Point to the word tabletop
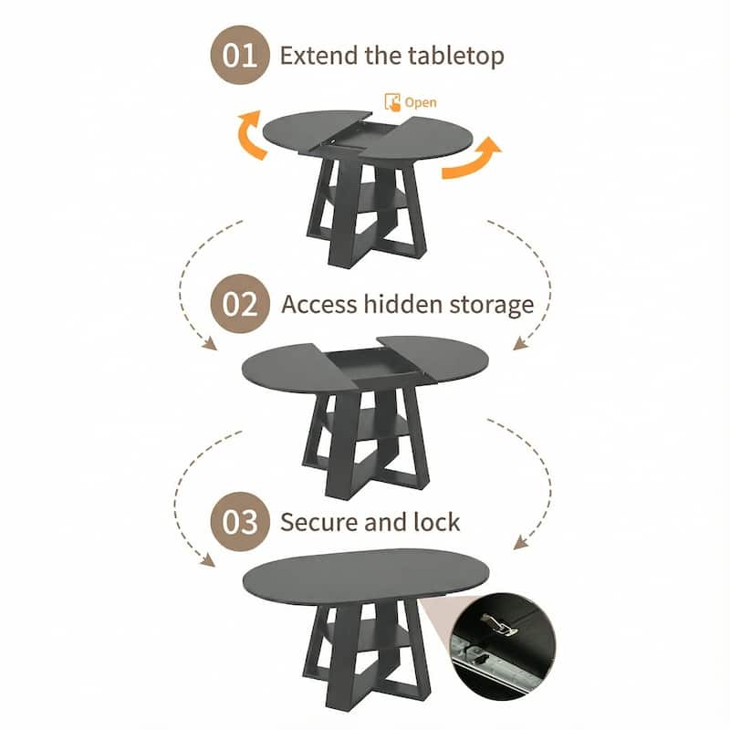[453, 55]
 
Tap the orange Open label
[421, 102]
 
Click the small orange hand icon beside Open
[392, 102]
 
